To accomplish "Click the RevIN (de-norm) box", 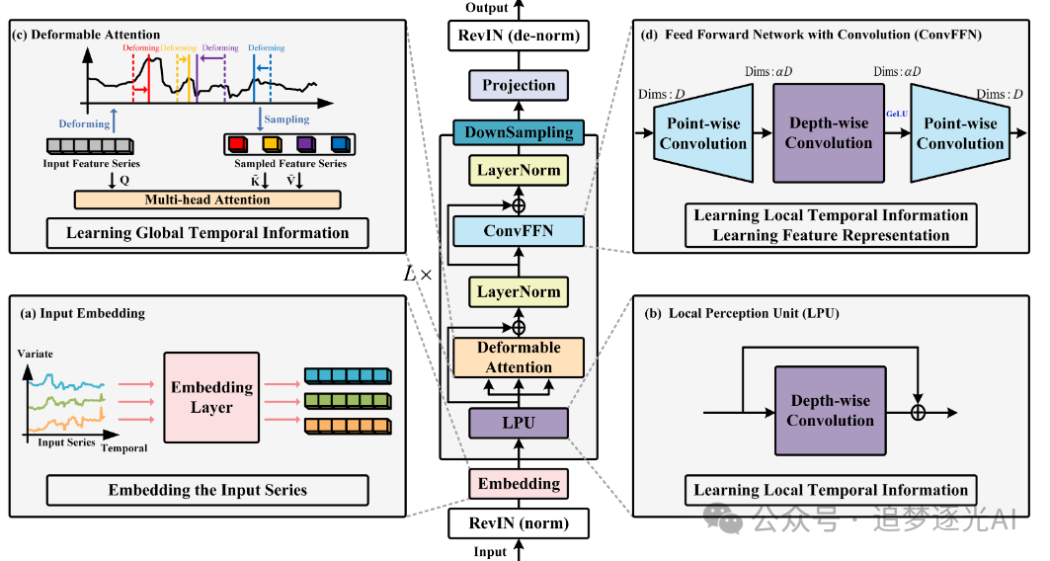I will point(520,40).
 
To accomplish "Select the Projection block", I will point(520,86).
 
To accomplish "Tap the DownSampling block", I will point(520,131).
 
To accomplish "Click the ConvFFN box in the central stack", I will point(520,231).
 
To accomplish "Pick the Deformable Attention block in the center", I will point(520,358).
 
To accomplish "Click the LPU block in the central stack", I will point(520,424).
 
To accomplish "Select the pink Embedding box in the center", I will point(520,484).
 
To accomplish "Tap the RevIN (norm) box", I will point(520,523).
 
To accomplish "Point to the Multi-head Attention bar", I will point(207,200).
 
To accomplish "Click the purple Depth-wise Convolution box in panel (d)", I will point(829,132).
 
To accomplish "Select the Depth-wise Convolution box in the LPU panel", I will point(830,411).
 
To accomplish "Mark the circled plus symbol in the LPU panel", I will point(919,412).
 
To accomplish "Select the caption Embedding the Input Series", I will point(207,491).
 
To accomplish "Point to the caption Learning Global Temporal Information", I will point(207,234).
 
